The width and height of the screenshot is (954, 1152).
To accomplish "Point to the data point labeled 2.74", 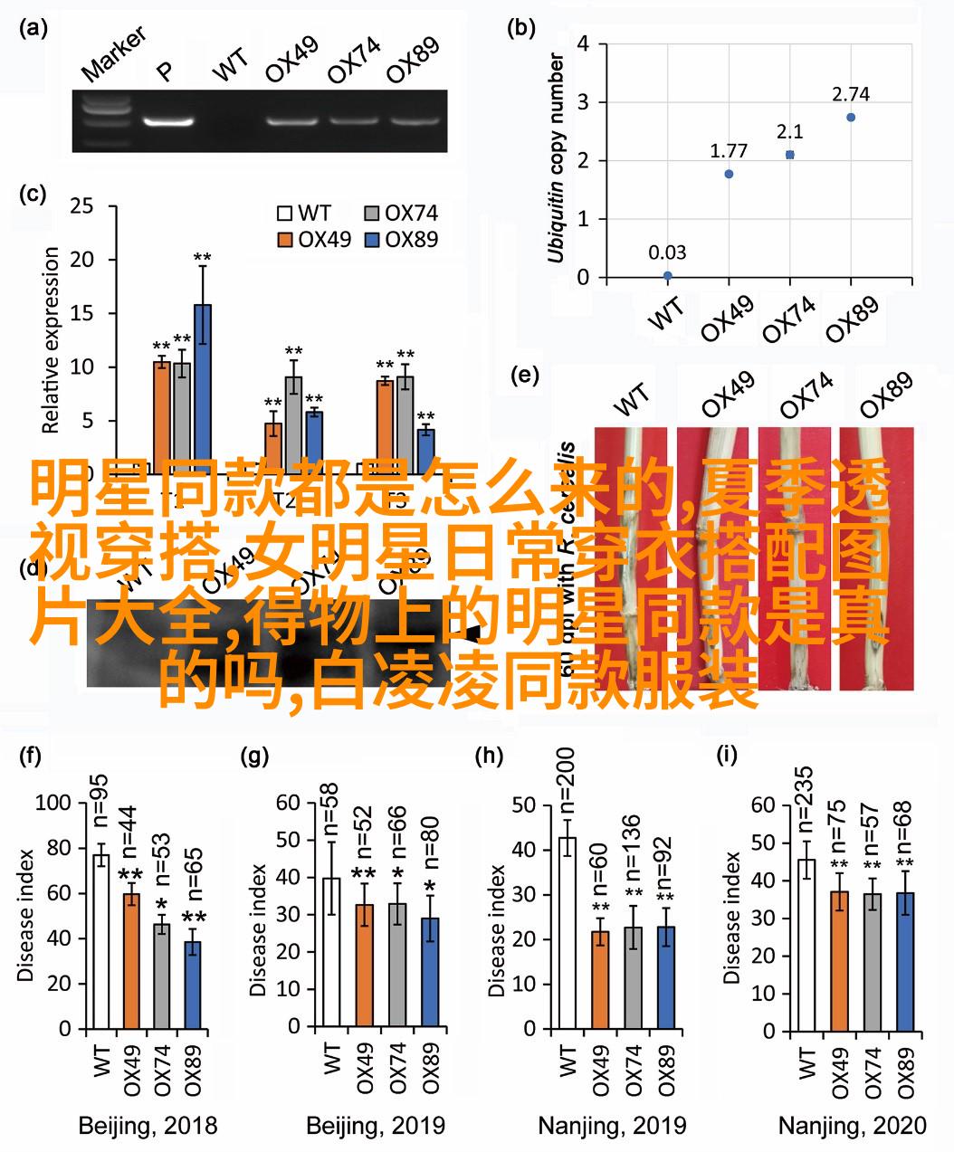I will [850, 118].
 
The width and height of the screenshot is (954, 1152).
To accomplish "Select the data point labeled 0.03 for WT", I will [667, 275].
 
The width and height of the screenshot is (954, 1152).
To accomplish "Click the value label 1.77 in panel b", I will [728, 150].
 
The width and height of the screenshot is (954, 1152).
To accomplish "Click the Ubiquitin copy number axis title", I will [556, 158].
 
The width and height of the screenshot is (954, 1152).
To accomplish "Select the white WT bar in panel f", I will [100, 941].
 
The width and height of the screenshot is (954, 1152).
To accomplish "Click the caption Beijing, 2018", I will [148, 1126].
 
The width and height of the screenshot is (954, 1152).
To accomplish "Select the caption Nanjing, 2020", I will [853, 1126].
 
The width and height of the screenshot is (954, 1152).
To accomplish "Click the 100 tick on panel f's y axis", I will [52, 803].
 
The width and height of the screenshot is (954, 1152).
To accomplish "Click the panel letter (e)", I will [525, 376].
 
